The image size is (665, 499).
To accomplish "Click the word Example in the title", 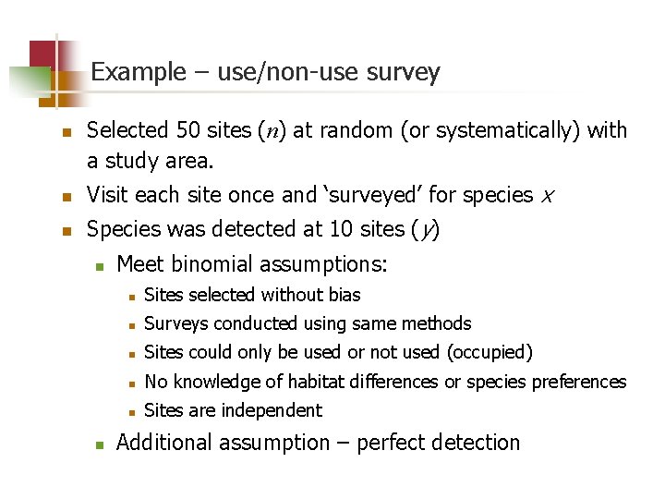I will tap(139, 72).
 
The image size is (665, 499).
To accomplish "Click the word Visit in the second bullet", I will tap(107, 195).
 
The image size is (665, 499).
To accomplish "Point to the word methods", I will tap(438, 323).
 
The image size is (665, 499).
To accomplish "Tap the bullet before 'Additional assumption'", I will tap(100, 444).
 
